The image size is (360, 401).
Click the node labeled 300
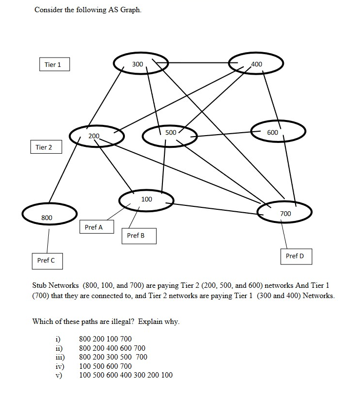[140, 64]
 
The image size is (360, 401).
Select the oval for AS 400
[256, 64]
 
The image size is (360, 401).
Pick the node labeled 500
[170, 133]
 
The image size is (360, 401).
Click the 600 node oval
[278, 132]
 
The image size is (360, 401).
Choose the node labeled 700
[284, 213]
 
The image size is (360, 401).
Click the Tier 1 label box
[54, 64]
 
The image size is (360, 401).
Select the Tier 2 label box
[44, 147]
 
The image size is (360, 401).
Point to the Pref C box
[46, 260]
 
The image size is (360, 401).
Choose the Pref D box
[296, 256]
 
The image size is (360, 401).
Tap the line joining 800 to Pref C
[48, 240]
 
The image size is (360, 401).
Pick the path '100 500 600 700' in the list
[105, 366]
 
